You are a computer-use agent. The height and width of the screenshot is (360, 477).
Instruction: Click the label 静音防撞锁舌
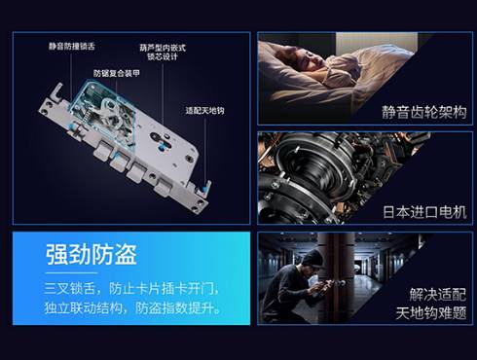(72, 46)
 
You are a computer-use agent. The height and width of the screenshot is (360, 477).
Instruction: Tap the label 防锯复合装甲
(117, 73)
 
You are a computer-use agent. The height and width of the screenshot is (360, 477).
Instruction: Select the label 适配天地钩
(204, 111)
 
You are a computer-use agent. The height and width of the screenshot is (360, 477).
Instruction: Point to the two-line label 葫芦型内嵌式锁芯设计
(163, 53)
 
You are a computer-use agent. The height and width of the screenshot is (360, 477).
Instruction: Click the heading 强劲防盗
(92, 255)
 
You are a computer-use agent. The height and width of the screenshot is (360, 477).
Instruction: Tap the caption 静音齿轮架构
(424, 113)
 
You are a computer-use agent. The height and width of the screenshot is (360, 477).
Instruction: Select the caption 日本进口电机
(424, 212)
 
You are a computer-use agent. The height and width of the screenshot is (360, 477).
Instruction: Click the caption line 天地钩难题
(431, 313)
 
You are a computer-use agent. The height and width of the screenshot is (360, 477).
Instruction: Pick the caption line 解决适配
(438, 295)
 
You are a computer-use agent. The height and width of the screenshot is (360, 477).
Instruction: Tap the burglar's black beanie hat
(312, 258)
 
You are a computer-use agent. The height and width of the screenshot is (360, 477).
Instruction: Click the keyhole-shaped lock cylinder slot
(162, 140)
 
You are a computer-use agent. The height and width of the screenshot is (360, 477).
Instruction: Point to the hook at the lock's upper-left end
(56, 91)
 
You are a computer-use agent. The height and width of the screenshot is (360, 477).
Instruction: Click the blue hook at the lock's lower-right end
(205, 189)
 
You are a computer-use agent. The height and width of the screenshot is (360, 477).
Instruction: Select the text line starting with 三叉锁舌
(131, 288)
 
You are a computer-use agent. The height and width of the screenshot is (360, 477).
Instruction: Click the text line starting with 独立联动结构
(132, 307)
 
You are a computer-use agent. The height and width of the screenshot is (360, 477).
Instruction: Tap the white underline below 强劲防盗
(71, 273)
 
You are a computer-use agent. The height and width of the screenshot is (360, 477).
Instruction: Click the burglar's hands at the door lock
(321, 287)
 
